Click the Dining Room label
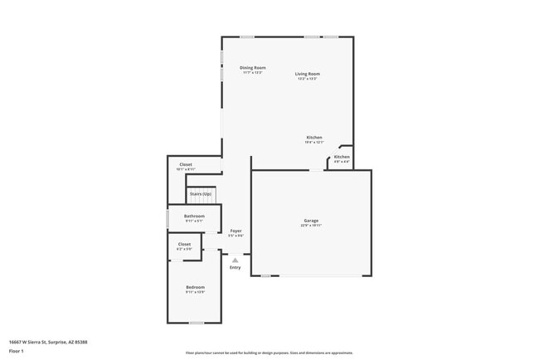[x=253, y=67]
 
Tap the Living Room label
[x=308, y=74]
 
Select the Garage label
[x=311, y=221]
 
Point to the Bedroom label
[x=195, y=287]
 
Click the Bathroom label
[x=194, y=216]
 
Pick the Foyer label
[x=236, y=231]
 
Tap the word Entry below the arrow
[x=236, y=267]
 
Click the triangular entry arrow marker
[x=236, y=260]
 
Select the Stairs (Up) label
[x=200, y=193]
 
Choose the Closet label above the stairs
[x=186, y=164]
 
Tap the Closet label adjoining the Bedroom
[x=184, y=244]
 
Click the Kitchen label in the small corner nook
[x=342, y=157]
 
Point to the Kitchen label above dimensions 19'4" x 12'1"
[x=314, y=137]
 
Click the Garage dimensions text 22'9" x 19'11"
[x=311, y=226]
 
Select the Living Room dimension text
[x=308, y=79]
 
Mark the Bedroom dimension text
[x=195, y=292]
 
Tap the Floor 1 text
[x=17, y=351]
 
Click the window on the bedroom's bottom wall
[x=197, y=323]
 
